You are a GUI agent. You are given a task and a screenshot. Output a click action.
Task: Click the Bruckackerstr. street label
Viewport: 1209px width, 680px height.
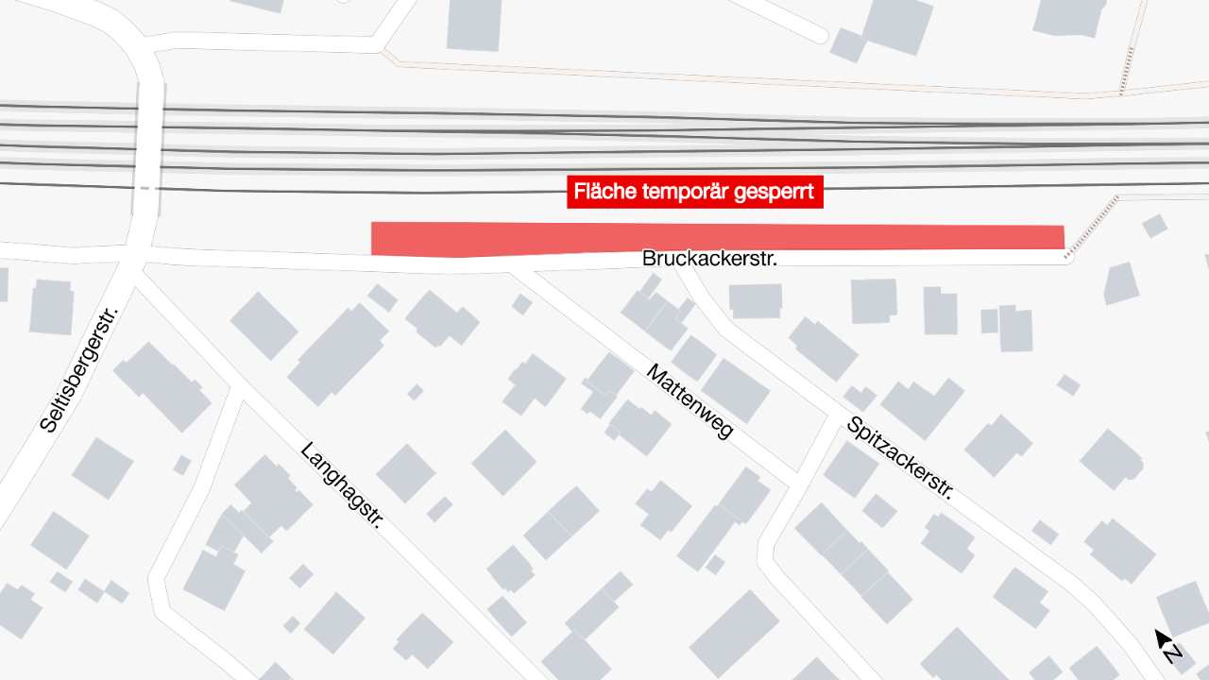709,258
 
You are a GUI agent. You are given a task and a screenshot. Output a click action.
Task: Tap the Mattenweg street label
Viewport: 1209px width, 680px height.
690,400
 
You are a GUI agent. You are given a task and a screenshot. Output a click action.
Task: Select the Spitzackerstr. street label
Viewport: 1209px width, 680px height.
900,458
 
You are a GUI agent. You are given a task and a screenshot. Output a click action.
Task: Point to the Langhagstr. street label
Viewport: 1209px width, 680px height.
341,484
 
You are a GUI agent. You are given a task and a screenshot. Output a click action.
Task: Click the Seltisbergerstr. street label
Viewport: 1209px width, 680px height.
79,369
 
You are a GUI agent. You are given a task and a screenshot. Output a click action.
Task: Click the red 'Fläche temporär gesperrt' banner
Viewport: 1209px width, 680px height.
694,193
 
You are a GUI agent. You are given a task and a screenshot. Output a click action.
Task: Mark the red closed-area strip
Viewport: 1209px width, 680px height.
718,239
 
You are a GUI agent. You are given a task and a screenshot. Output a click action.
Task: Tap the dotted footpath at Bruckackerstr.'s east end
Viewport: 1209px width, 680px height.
1092,225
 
